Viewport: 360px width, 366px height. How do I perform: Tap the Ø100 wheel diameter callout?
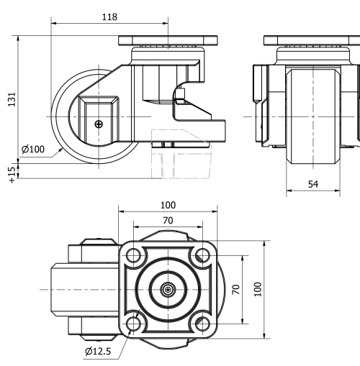click(x=33, y=149)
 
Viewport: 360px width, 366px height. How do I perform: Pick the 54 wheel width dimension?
click(x=312, y=185)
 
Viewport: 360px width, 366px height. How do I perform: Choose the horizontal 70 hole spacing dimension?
click(x=168, y=221)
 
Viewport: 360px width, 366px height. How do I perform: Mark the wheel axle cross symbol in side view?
click(x=99, y=124)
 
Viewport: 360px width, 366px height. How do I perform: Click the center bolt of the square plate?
click(x=168, y=289)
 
